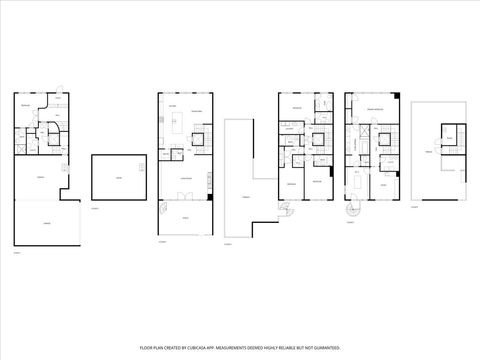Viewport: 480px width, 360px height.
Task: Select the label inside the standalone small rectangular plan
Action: coord(118,178)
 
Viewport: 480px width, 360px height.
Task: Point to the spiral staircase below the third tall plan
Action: coord(288,213)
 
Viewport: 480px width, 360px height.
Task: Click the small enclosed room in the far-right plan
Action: coord(449,139)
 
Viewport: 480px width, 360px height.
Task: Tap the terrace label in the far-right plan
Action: coord(429,151)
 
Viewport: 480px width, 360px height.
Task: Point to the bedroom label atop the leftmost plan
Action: coord(26,105)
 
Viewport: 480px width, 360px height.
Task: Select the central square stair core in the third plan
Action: coord(318,138)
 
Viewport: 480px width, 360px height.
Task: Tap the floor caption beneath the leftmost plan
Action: coord(17,253)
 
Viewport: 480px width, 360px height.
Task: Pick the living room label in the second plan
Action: coord(184,178)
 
